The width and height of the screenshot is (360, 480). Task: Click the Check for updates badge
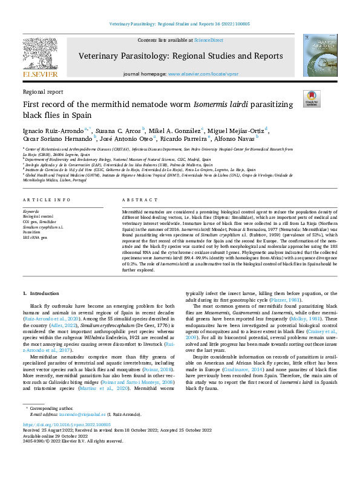[312, 98]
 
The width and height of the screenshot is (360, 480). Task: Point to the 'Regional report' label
[42, 91]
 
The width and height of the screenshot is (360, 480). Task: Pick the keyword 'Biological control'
[38, 215]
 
